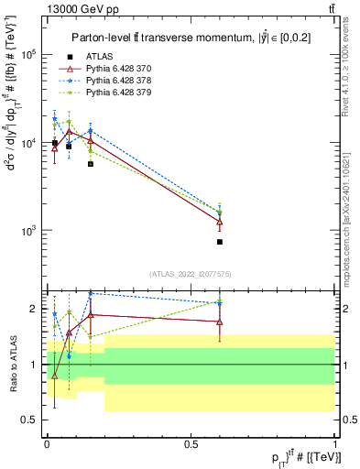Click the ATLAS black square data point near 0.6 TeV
(220, 242)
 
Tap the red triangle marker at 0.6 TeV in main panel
(220, 222)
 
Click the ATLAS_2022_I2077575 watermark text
(191, 273)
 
